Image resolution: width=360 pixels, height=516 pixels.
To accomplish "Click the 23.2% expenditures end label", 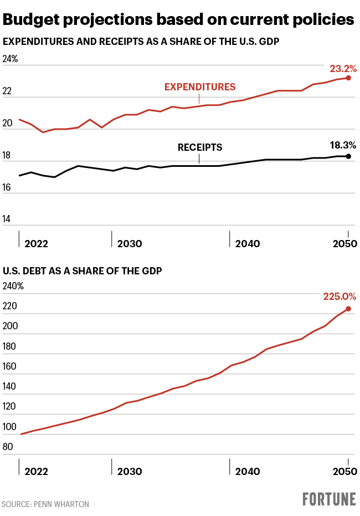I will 342,69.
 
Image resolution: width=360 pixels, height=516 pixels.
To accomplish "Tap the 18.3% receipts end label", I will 342,146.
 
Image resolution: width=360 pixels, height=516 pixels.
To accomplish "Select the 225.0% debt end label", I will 340,296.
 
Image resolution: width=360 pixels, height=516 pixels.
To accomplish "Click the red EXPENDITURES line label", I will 200,87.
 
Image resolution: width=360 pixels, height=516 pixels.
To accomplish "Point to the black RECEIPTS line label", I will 199,147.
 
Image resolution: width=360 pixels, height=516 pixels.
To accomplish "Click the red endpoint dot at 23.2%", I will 348,78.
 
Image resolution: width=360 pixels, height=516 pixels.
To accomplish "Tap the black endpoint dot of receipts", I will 348,156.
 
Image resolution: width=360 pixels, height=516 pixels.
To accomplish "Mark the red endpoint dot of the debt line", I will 348,309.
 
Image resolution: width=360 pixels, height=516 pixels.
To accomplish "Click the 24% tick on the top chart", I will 11,58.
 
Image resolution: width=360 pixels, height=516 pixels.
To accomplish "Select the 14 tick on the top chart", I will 7,219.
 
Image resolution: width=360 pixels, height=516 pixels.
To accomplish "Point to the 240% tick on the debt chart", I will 13,286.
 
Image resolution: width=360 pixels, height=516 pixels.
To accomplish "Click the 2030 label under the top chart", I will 130,244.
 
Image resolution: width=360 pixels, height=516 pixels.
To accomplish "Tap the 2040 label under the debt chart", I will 248,472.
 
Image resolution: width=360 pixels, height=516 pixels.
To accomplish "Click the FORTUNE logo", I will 329,499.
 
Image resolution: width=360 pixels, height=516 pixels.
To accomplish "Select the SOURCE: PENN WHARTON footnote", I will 46,504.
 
